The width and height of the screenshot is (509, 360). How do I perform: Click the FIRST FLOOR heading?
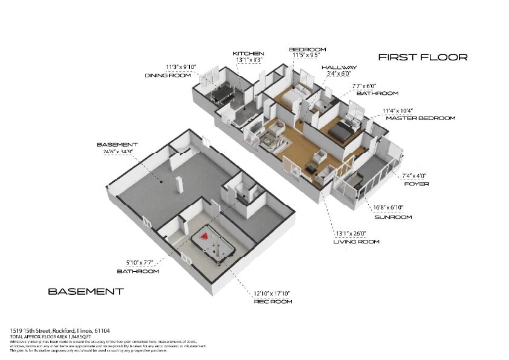[423, 57]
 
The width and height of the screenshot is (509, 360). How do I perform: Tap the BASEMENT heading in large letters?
[86, 291]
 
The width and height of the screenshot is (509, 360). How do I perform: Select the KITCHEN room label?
[248, 54]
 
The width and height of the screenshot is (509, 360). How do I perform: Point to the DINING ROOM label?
[167, 76]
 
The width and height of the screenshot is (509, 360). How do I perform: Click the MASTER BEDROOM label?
[420, 118]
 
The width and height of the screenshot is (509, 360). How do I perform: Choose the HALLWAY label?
[339, 68]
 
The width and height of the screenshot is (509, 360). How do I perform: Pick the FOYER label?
[416, 184]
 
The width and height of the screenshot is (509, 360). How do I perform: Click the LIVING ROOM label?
[356, 242]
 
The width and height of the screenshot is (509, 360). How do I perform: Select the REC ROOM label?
[273, 301]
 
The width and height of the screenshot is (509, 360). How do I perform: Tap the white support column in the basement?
[179, 185]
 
